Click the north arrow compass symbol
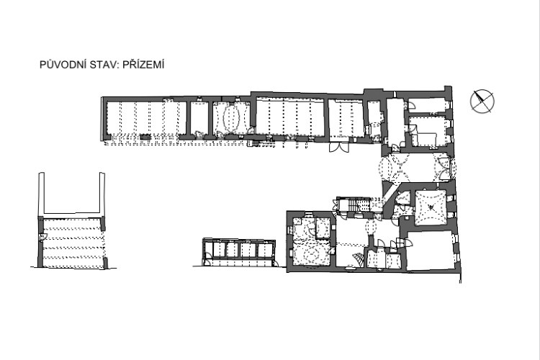pos(482,102)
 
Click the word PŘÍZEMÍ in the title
pos(143,65)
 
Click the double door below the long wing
pos(339,147)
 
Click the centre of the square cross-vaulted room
pos(431,207)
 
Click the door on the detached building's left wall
pos(42,237)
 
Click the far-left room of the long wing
pos(146,120)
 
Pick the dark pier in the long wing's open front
pos(145,137)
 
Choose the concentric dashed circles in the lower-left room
pos(312,256)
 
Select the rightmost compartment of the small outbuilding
pos(265,250)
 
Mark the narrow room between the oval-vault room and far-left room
pos(199,119)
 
